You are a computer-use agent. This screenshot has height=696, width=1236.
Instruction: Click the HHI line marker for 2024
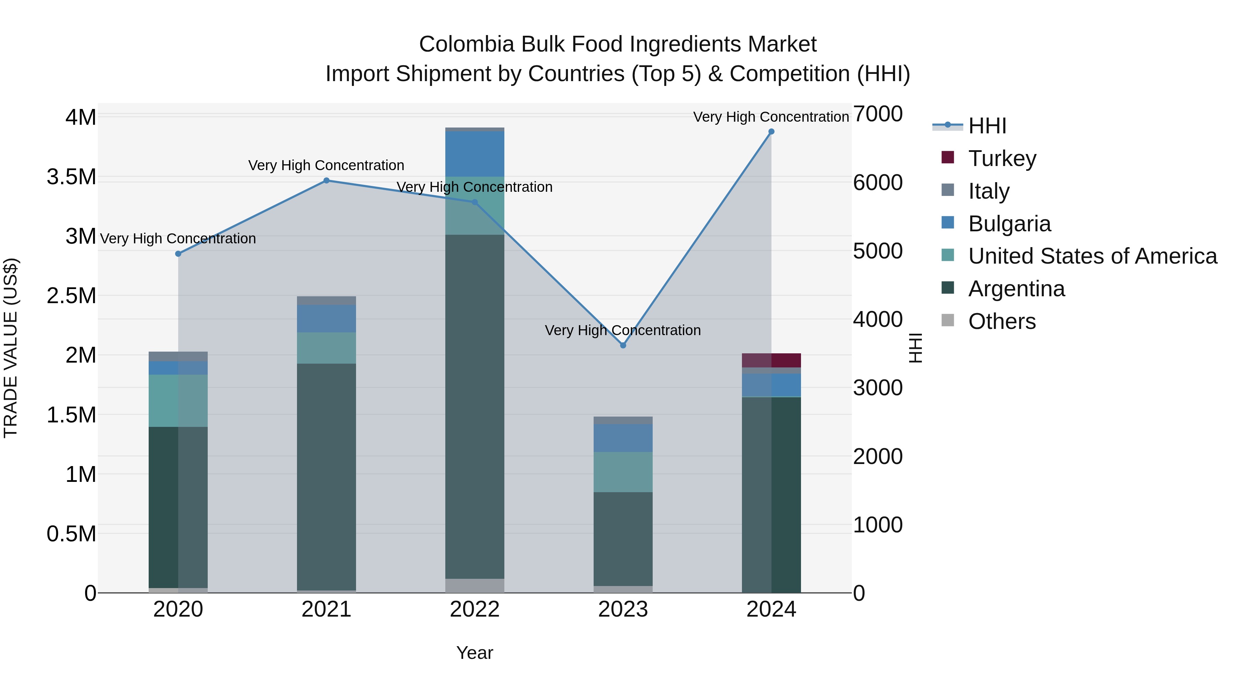click(771, 132)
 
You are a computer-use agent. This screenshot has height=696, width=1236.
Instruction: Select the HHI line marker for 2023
click(623, 345)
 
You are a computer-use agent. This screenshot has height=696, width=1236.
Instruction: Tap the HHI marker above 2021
click(326, 180)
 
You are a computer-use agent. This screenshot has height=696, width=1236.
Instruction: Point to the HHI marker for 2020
click(178, 254)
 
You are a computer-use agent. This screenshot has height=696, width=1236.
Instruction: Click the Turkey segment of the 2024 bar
click(771, 360)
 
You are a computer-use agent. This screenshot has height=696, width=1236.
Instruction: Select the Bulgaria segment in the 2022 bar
click(474, 154)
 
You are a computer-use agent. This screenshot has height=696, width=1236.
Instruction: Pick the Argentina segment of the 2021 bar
click(326, 476)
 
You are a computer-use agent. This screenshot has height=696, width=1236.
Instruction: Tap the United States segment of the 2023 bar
click(623, 472)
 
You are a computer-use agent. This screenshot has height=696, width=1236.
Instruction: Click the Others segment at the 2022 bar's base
click(474, 586)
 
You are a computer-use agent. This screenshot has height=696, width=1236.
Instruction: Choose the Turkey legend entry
click(1002, 158)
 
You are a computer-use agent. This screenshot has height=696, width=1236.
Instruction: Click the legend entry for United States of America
click(1092, 256)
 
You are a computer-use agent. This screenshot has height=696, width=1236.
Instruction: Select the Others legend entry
click(1002, 321)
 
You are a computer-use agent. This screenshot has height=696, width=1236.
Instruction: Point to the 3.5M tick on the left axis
click(71, 177)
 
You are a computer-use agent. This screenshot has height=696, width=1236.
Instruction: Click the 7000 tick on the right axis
click(878, 114)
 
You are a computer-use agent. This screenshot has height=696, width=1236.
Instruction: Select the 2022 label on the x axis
click(474, 609)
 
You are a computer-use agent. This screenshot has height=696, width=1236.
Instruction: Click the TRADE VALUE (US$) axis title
click(11, 348)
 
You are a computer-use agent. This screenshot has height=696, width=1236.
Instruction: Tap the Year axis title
click(474, 653)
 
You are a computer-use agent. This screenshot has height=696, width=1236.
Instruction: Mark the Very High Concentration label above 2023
click(623, 330)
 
